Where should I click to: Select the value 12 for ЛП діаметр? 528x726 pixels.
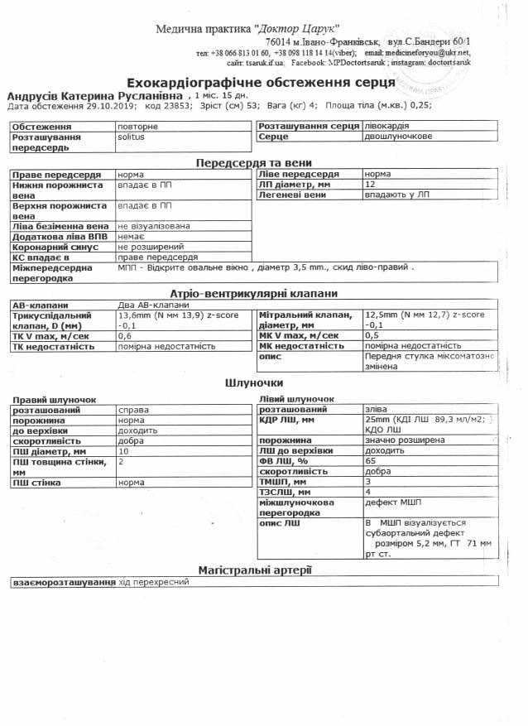click(370, 185)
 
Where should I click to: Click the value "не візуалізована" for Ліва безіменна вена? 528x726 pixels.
click(154, 225)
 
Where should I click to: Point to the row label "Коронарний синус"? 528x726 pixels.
click(56, 247)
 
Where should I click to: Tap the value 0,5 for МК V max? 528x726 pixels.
click(372, 335)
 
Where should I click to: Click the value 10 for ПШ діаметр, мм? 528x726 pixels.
click(123, 451)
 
